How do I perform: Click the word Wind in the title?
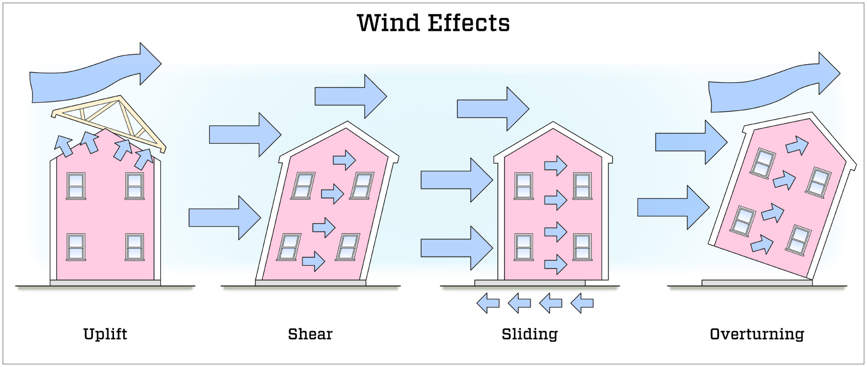click(x=388, y=23)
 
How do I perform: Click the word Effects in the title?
click(x=469, y=23)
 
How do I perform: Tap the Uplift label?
click(x=105, y=334)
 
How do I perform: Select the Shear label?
click(x=310, y=334)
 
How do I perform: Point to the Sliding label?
click(x=530, y=334)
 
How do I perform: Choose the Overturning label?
click(x=757, y=334)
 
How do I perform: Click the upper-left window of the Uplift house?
click(x=76, y=186)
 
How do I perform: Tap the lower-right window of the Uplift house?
click(x=134, y=247)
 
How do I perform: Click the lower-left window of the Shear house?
click(x=290, y=247)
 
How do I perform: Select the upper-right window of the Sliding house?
click(x=582, y=186)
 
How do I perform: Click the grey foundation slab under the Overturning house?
click(x=757, y=283)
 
